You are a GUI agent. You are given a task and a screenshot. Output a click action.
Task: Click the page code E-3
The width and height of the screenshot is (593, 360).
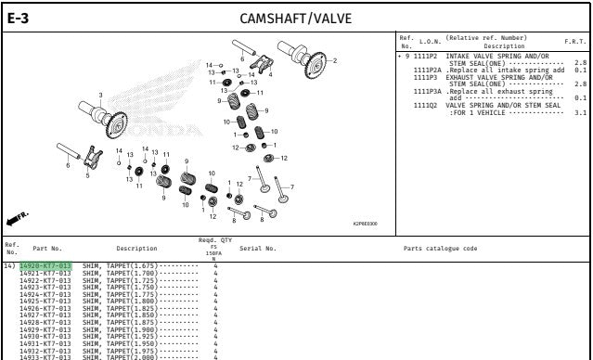coord(18,17)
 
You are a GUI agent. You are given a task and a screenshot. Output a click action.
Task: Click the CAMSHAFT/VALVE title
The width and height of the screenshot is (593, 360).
coord(295,18)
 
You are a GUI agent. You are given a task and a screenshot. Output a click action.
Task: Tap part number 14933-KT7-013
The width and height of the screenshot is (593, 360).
coord(45,357)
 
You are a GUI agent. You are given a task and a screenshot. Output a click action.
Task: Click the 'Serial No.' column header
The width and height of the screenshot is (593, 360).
coord(258,249)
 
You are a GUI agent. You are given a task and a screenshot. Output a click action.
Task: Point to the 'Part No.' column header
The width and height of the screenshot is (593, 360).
coord(47,249)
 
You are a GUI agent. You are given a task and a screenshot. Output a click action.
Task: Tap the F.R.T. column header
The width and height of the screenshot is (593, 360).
coord(575,42)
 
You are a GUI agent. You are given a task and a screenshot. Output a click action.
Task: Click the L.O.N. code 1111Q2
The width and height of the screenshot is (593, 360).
coord(426,105)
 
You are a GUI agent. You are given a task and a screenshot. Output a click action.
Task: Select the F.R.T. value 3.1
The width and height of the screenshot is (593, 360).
coord(581,112)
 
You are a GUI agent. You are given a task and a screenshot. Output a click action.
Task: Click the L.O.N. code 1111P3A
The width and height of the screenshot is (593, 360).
coord(428,91)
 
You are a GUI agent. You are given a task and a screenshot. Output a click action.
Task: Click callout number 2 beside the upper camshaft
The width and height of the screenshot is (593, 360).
coord(334,60)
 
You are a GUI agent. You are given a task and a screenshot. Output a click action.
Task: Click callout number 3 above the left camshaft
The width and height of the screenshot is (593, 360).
coord(101,95)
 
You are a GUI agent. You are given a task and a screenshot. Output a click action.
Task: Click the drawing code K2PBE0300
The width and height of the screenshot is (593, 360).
coord(366,223)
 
